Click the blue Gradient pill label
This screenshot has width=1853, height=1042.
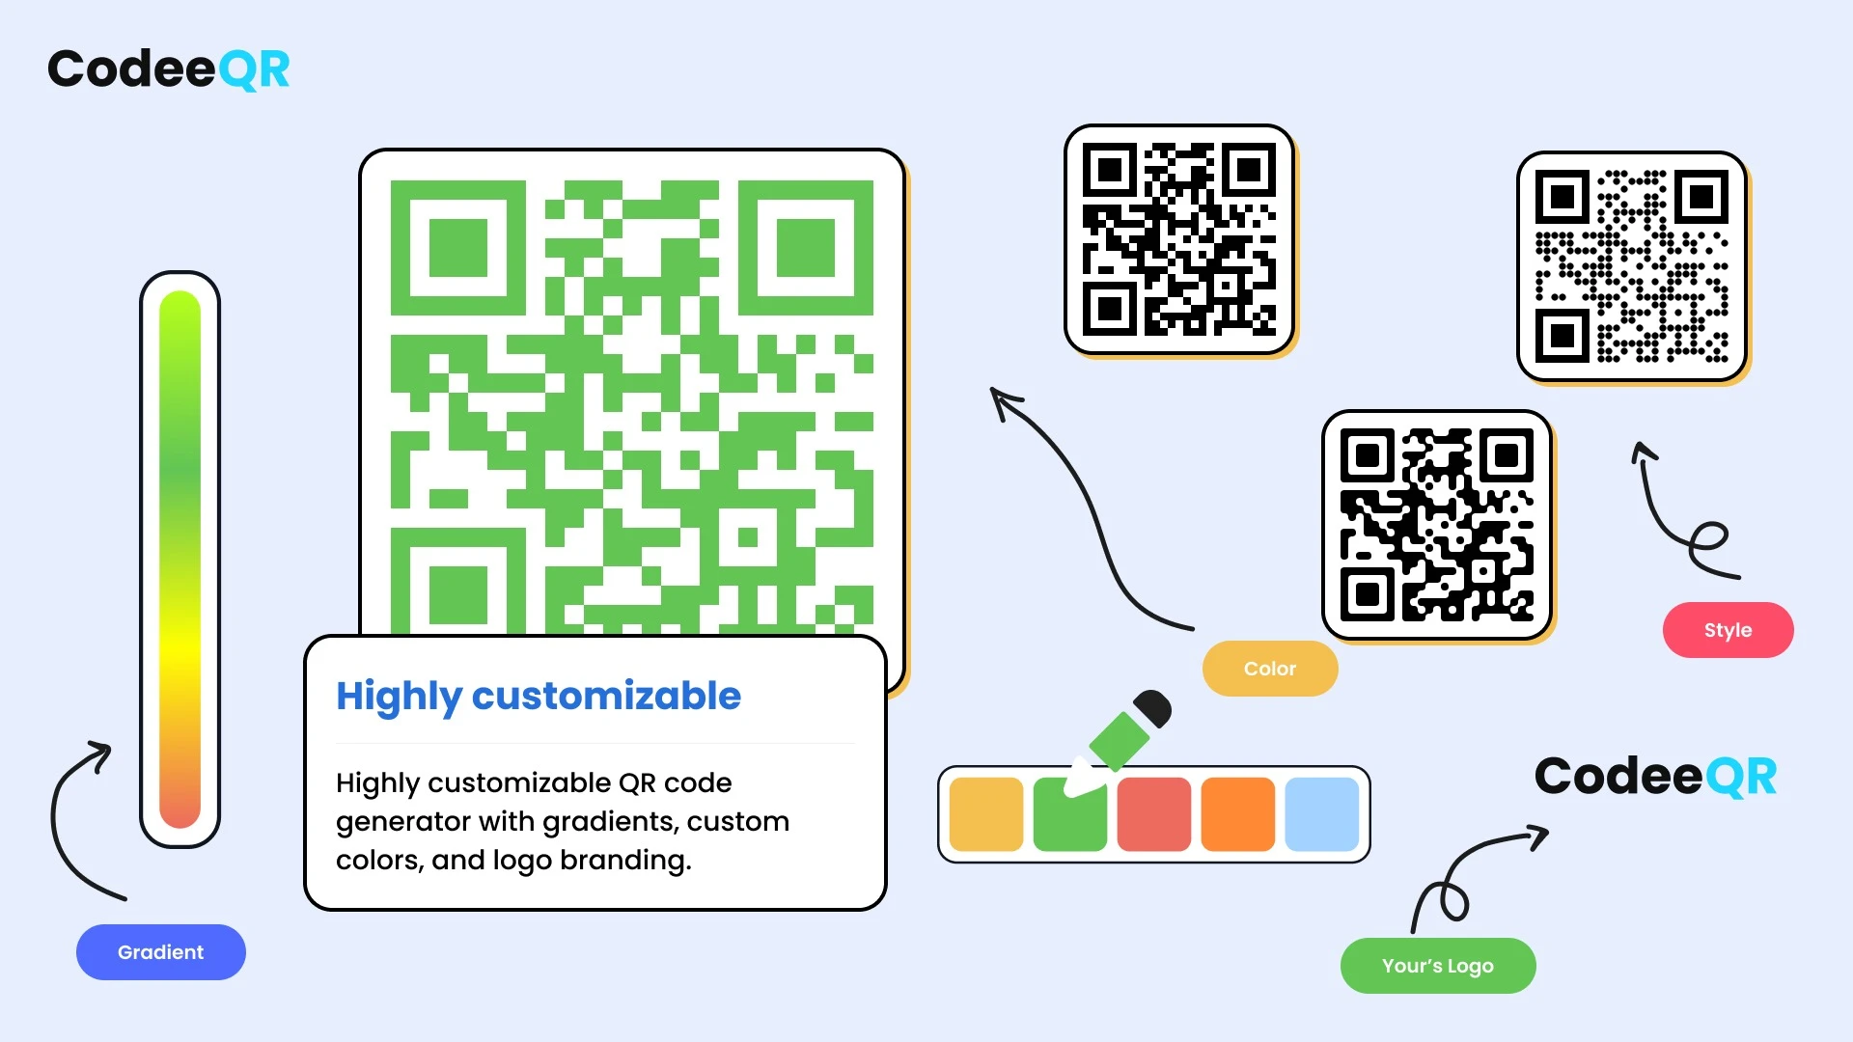point(161,952)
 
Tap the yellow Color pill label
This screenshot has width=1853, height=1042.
point(1270,669)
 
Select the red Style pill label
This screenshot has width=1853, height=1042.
point(1728,630)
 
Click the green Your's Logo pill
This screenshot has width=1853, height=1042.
point(1438,966)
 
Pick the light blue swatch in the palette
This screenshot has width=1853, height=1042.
point(1322,814)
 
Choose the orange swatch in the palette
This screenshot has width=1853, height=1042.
point(1238,814)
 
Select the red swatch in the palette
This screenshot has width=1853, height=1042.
point(1154,814)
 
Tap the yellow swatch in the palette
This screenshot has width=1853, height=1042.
point(986,814)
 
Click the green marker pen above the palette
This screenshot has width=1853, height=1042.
point(1120,741)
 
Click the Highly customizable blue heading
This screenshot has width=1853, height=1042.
point(539,697)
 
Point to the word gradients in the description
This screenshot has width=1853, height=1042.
point(610,821)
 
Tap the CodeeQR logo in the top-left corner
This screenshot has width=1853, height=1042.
point(169,69)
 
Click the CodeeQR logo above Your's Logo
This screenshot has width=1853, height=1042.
point(1656,777)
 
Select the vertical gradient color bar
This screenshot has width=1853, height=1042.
point(180,560)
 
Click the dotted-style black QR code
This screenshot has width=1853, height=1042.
point(1632,266)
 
